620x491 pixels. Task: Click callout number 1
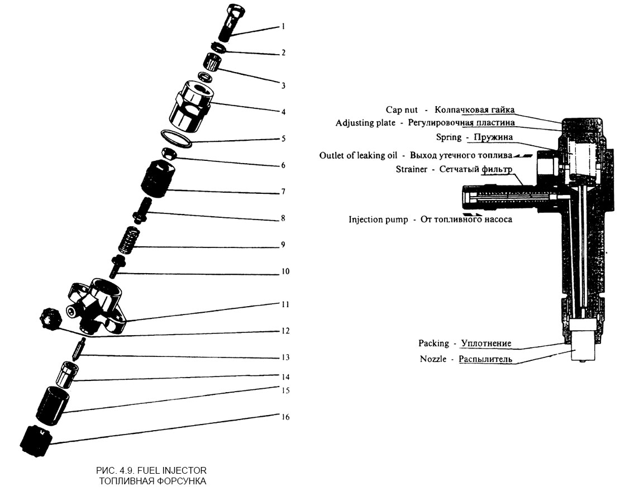point(283,26)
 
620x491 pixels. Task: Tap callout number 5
point(283,139)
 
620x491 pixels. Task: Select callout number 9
point(283,245)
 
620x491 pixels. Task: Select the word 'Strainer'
point(411,169)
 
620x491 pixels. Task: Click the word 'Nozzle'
point(433,359)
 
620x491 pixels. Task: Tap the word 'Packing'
point(433,343)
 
